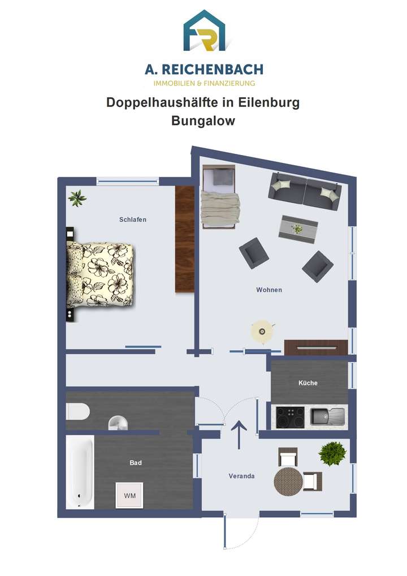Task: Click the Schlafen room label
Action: coord(133,220)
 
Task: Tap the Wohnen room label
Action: coord(269,290)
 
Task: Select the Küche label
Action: coord(308,383)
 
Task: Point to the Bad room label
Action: coord(136,463)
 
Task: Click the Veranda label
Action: coord(241,476)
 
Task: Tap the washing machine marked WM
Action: coord(130,496)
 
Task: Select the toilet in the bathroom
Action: coord(77,412)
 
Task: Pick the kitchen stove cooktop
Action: coord(290,418)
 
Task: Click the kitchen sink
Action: coord(327,417)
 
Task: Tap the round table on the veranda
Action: coord(288,481)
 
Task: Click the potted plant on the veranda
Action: coord(331,453)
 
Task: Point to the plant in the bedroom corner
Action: coord(77,198)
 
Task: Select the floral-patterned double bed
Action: coord(101,274)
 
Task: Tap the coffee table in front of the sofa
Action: coord(298,228)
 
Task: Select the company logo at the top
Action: coord(203,31)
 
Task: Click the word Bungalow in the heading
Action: coord(203,121)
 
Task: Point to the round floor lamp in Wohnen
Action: coord(261,331)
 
